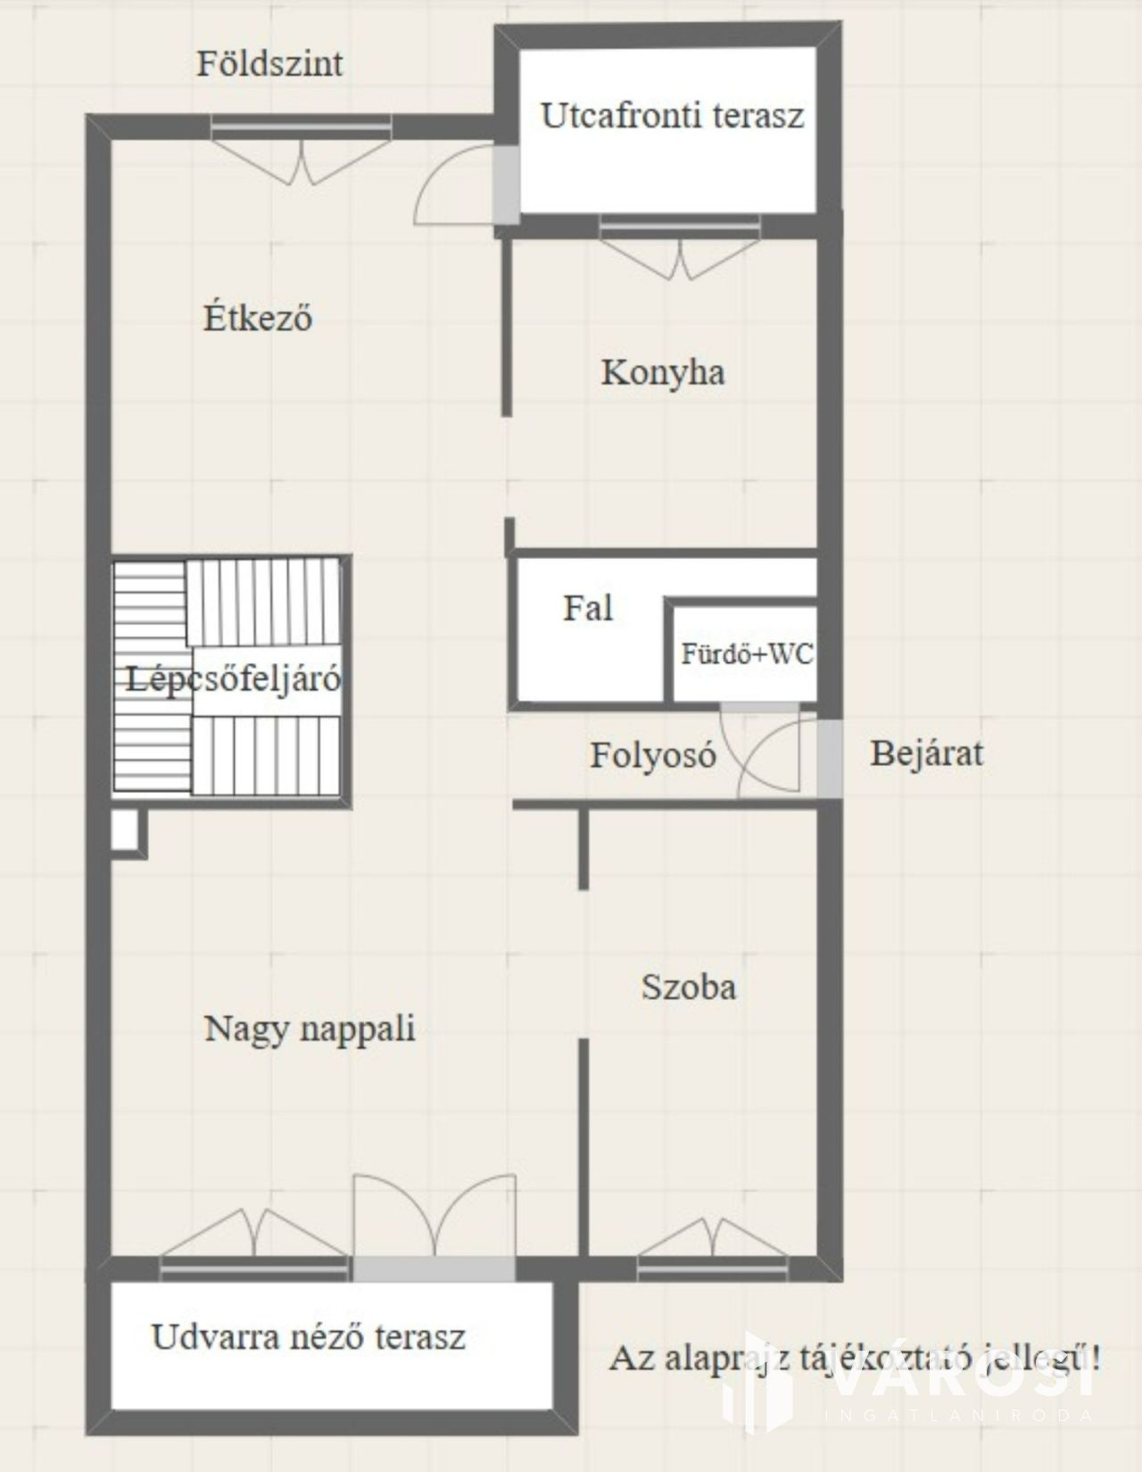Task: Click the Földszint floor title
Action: (269, 64)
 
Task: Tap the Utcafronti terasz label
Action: (672, 115)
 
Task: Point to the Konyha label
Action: (663, 373)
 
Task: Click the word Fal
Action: (588, 608)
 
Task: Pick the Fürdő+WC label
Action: (747, 653)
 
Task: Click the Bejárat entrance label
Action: (926, 753)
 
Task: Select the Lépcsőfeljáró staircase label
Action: (233, 678)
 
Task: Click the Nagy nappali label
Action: (310, 1029)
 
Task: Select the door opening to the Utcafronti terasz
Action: (506, 184)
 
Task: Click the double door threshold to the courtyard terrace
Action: (434, 1268)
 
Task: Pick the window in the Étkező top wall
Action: (302, 127)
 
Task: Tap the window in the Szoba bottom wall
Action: (713, 1268)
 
